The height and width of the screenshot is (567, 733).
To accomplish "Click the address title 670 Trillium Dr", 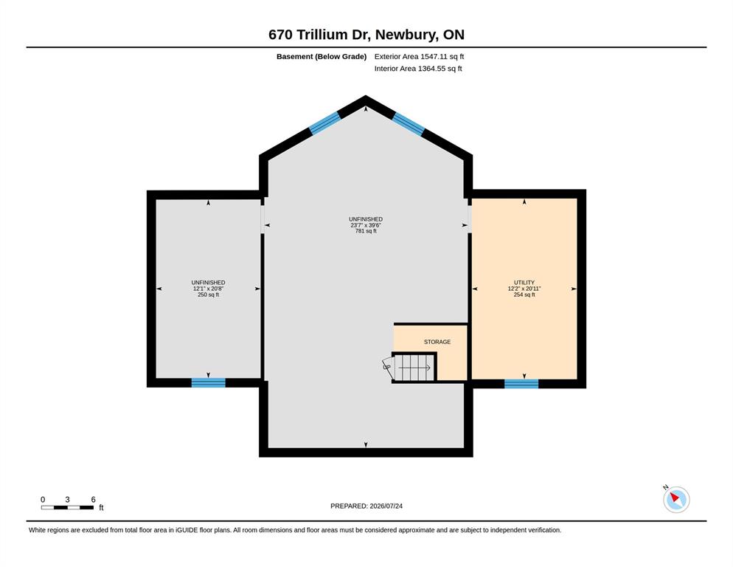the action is pos(319,35).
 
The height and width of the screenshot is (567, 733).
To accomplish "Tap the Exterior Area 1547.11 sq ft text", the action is pos(419,57).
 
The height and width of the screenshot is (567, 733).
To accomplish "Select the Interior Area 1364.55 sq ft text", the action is pos(418,69).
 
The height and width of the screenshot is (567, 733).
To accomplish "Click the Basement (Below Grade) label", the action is pos(322,57).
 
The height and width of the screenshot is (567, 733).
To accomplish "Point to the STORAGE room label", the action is pos(437,343).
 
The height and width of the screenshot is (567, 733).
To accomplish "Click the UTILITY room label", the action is pos(524,283).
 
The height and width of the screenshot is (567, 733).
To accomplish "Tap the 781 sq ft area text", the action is pos(366,231).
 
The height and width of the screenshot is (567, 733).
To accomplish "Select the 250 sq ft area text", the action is pos(208,295).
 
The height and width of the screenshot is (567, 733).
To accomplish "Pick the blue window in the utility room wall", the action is pos(521,384).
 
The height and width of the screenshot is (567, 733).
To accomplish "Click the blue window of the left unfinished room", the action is pos(209,383).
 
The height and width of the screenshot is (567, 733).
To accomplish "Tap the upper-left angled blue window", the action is pos(324,123).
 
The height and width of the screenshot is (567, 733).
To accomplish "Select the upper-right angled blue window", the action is pos(408,123).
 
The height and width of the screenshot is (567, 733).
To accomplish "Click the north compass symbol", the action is pos(676,499).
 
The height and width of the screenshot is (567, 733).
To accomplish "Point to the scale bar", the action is pos(67,507).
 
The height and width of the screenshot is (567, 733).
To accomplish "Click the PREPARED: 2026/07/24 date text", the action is pos(366,506).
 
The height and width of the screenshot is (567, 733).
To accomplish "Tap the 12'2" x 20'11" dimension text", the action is pos(524,289).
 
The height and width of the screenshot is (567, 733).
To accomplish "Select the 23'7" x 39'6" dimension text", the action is pos(366,225).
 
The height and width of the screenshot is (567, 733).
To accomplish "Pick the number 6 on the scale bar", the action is pos(93,500).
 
